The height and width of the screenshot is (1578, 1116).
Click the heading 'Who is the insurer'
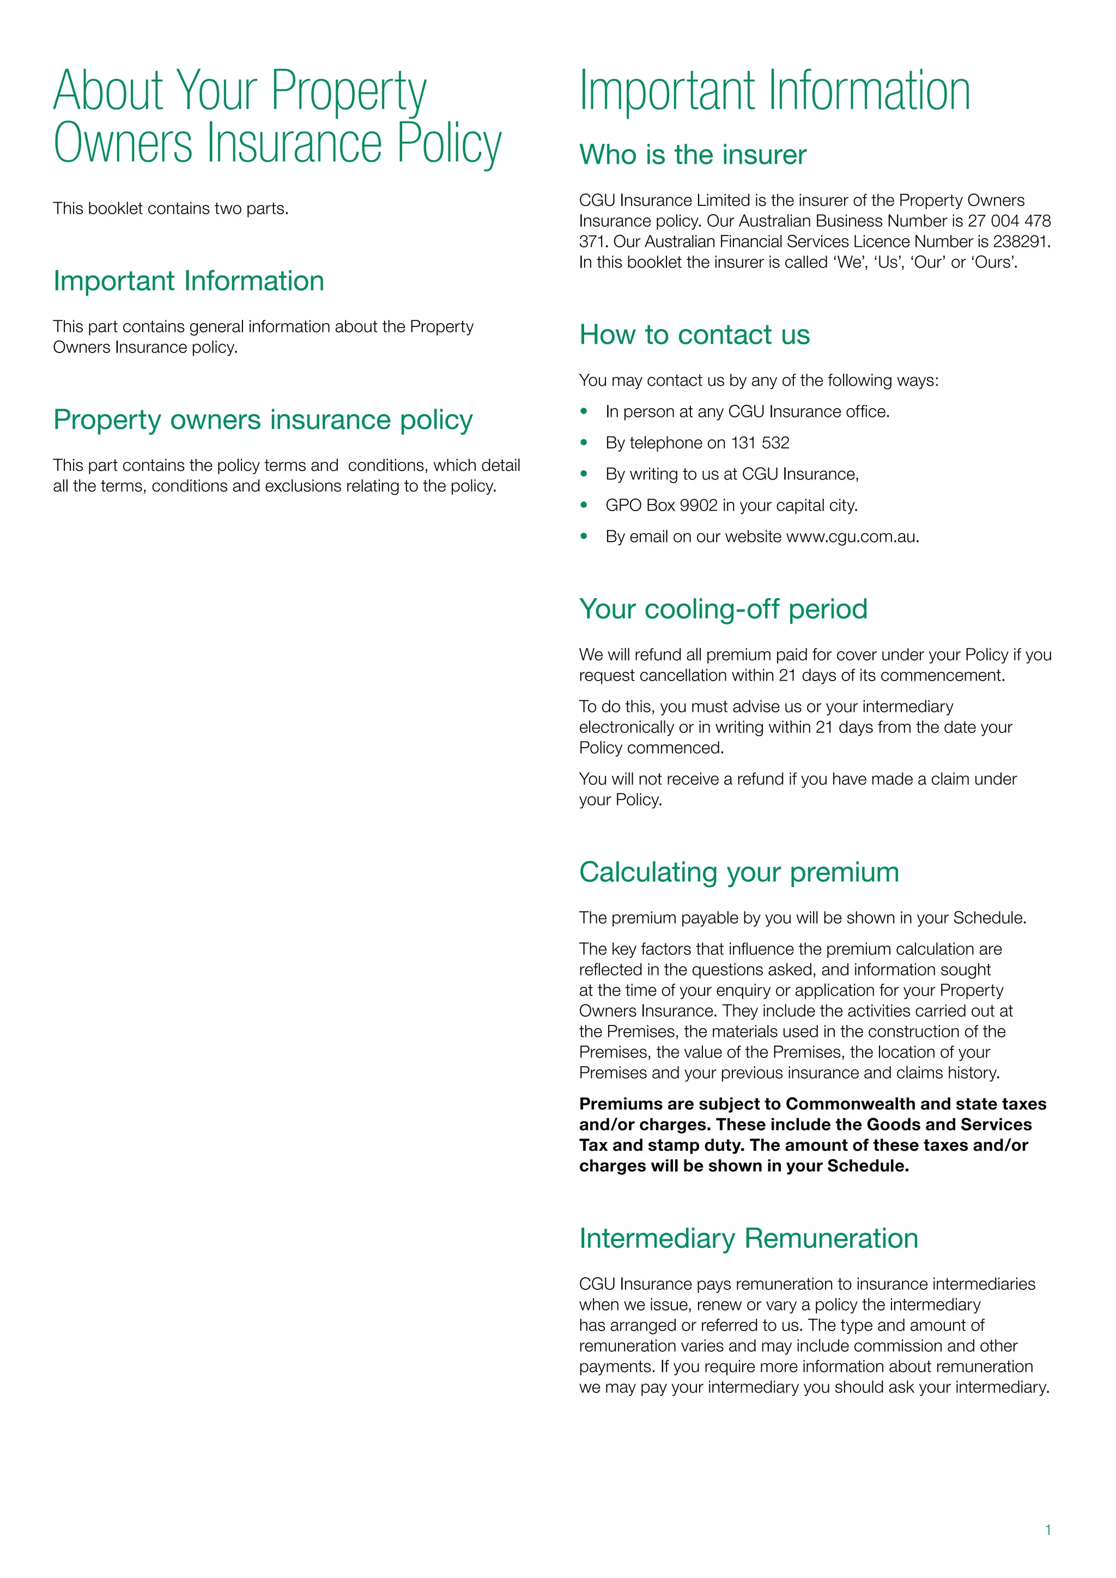pos(692,155)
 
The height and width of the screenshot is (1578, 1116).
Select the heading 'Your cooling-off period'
pos(723,609)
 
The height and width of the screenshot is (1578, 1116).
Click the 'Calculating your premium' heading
pos(739,872)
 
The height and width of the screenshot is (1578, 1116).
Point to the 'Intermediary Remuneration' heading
pos(748,1239)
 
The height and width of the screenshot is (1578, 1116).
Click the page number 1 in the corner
pos(1048,1530)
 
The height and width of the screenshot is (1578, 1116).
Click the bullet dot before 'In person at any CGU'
pos(584,411)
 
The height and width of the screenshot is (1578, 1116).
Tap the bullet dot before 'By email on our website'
pos(584,536)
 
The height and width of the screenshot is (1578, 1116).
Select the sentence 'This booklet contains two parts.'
pos(171,209)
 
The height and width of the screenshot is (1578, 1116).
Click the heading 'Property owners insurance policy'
pos(263,420)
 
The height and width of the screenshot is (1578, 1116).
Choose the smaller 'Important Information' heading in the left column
pos(189,281)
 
